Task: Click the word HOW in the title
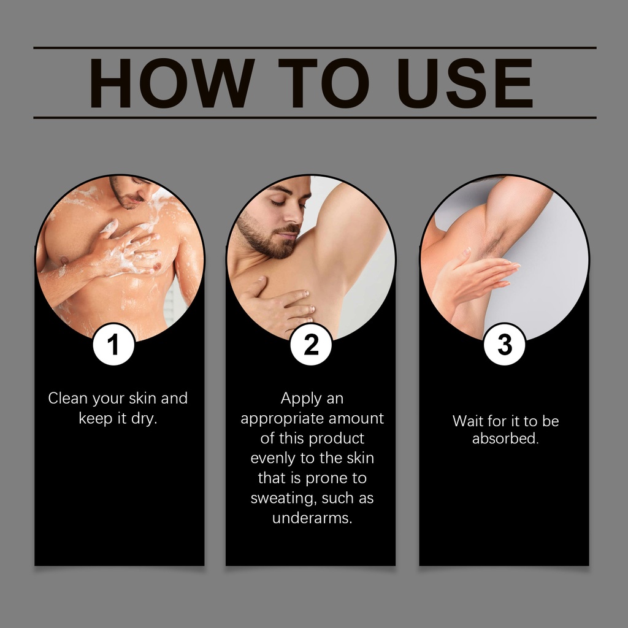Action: [172, 83]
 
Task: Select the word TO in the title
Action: [324, 83]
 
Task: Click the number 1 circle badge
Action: [113, 345]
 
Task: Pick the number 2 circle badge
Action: [311, 345]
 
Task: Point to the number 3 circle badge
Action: [505, 345]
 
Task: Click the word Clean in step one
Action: [68, 398]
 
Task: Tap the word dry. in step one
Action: [144, 419]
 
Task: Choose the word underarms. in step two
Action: [312, 518]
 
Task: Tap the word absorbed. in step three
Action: [505, 438]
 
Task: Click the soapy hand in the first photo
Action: [128, 250]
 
